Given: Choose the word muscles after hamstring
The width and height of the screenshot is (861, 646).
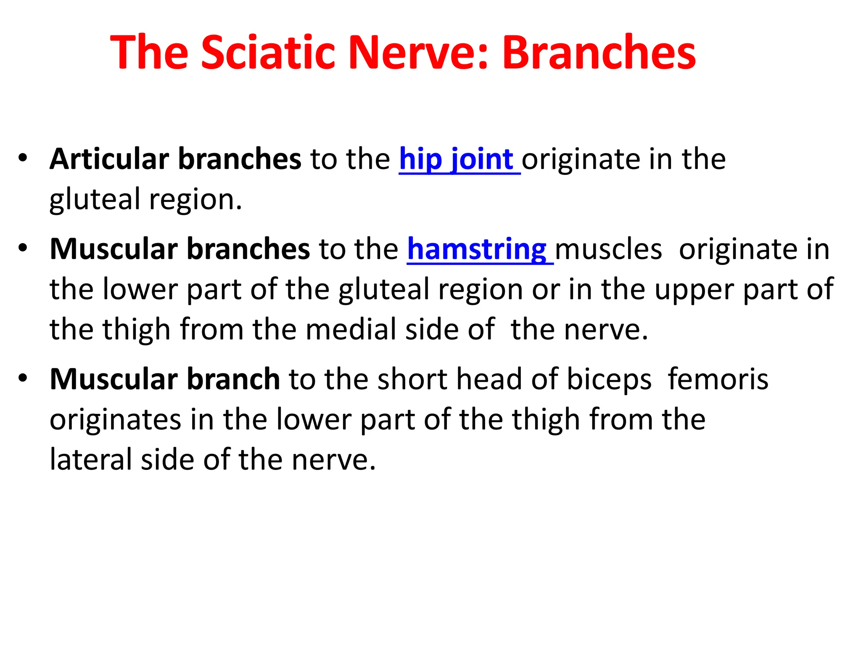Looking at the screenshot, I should tap(608, 249).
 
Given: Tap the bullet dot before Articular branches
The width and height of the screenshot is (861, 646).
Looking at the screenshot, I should tap(23, 158).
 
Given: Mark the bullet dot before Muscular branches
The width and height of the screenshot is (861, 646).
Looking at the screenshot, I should tap(23, 248).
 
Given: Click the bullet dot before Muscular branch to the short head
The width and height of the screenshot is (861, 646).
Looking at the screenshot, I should tap(23, 378).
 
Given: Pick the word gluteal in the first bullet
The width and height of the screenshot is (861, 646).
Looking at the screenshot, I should tap(95, 199).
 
